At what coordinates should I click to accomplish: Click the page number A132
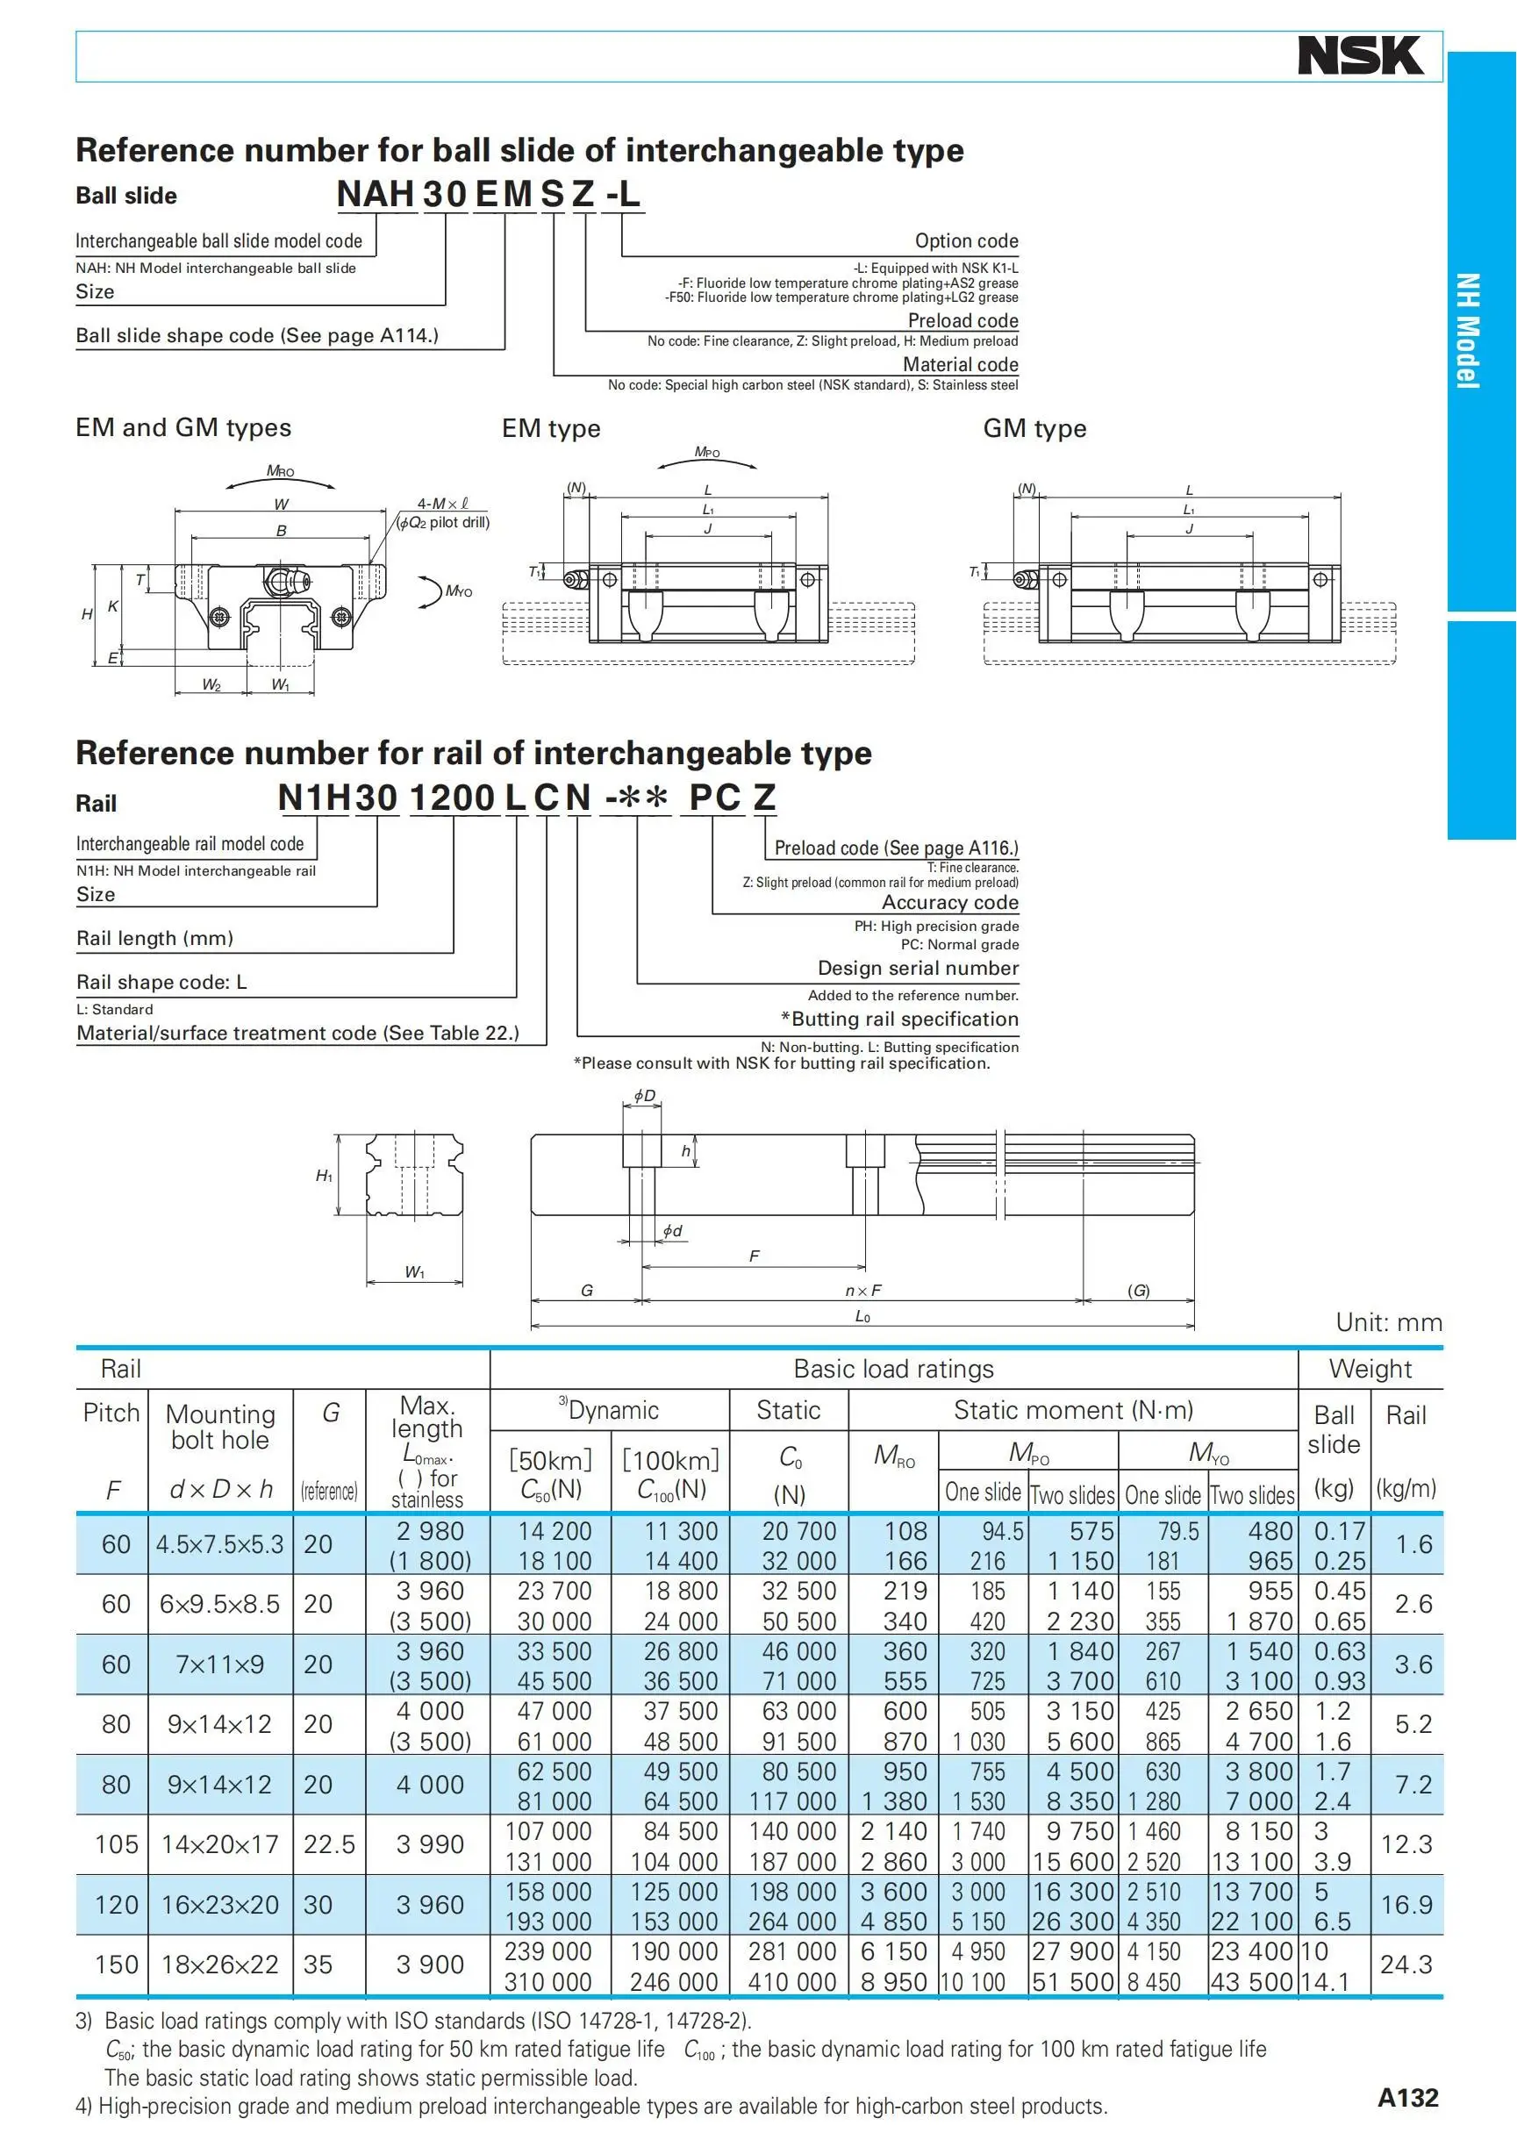point(1407,2098)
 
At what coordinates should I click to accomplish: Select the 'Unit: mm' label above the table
point(1388,1321)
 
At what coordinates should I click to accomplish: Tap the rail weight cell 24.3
point(1406,1965)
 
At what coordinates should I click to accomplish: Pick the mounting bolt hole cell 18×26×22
point(220,1965)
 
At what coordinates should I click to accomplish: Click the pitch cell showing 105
point(116,1844)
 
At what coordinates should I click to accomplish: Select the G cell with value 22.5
point(329,1844)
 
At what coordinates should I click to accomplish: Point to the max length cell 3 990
point(430,1844)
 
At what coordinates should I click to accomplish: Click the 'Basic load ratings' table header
point(893,1369)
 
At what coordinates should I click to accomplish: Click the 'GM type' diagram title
point(1034,429)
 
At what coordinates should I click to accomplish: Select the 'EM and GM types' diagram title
point(183,428)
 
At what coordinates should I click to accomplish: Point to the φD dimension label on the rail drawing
point(645,1095)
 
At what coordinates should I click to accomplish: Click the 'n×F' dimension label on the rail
point(862,1290)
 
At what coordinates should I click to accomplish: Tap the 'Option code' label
point(966,241)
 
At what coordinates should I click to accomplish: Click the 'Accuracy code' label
point(949,902)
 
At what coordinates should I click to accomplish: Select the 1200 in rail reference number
point(452,797)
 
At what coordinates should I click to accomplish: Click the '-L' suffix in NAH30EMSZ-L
point(623,193)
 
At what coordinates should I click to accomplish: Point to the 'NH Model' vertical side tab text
point(1468,331)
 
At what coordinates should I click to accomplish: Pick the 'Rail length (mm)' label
point(155,938)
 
